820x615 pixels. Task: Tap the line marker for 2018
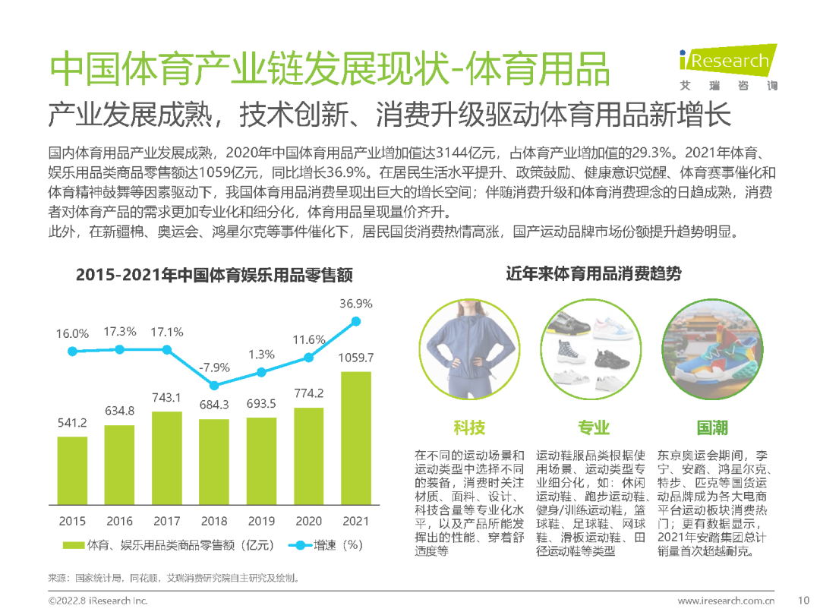point(214,386)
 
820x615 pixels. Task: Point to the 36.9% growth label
point(356,304)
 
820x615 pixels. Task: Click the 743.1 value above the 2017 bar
point(167,398)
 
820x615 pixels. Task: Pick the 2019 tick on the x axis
point(261,521)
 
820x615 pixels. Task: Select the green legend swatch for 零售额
point(73,545)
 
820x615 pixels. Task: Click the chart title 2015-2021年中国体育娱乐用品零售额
point(214,275)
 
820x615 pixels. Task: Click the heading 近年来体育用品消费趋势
point(593,274)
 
